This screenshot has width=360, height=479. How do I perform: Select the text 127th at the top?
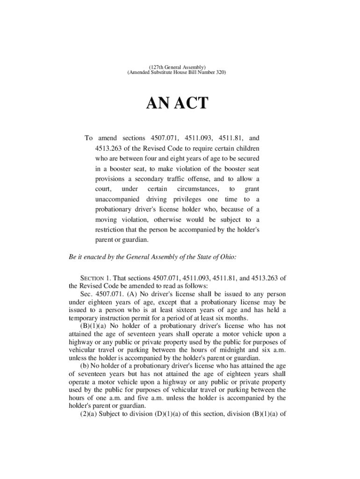pyautogui.click(x=157, y=67)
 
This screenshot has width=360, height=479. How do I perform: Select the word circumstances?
pyautogui.click(x=197, y=189)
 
